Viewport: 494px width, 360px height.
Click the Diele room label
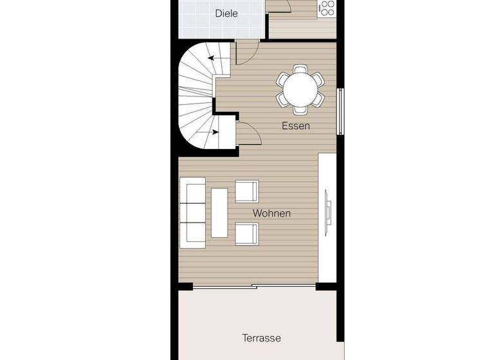click(x=227, y=13)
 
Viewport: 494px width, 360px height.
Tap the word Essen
click(x=296, y=126)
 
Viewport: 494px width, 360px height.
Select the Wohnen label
click(x=271, y=213)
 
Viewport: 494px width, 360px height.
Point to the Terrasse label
click(x=261, y=337)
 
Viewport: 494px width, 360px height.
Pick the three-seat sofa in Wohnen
click(x=192, y=213)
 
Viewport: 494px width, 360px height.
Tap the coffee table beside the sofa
click(x=219, y=213)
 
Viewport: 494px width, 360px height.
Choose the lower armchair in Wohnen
click(x=247, y=234)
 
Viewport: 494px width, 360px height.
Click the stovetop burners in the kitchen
click(x=327, y=7)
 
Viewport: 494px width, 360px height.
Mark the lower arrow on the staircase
click(x=212, y=132)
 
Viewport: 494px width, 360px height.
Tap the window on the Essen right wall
click(x=342, y=112)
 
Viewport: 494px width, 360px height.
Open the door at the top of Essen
click(x=247, y=51)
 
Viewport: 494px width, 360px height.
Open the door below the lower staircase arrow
click(x=248, y=136)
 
